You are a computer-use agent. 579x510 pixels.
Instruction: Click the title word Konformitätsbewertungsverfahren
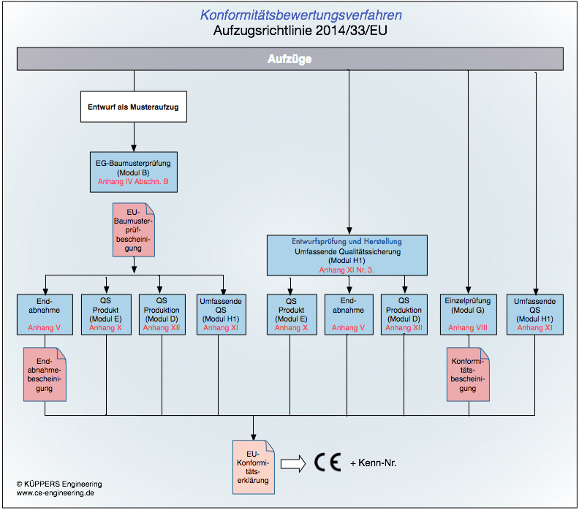click(x=300, y=15)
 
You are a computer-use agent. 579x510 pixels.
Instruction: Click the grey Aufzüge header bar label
click(x=289, y=59)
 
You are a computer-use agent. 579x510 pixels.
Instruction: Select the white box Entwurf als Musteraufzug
click(x=133, y=107)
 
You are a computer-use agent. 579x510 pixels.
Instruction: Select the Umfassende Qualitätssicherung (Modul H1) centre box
click(x=347, y=255)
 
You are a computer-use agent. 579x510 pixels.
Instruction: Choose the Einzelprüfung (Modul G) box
click(x=468, y=313)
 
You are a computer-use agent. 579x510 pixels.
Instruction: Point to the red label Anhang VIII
click(x=468, y=328)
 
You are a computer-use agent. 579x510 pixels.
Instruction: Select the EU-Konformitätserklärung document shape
click(x=253, y=465)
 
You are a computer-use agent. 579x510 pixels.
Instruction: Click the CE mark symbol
click(x=328, y=463)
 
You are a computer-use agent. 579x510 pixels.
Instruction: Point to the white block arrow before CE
click(x=292, y=463)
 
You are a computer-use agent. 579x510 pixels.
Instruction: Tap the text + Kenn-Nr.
click(x=373, y=463)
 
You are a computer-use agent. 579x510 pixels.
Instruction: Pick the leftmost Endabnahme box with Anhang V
click(x=45, y=313)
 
